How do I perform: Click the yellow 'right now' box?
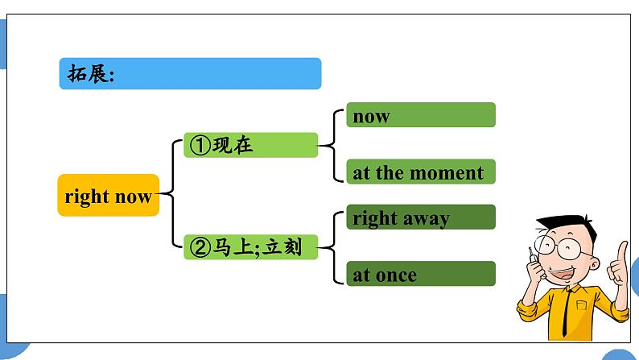109,196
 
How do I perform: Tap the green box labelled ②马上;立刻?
249,247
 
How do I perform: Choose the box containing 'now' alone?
420,115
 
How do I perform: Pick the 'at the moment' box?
420,172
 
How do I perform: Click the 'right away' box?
420,217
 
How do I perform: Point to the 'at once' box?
420,274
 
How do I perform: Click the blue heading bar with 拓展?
190,74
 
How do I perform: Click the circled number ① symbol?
199,146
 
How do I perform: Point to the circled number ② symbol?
199,248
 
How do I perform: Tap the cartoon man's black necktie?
571,310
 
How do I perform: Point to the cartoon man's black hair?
563,222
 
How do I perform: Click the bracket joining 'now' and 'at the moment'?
332,145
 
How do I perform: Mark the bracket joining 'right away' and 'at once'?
332,246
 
